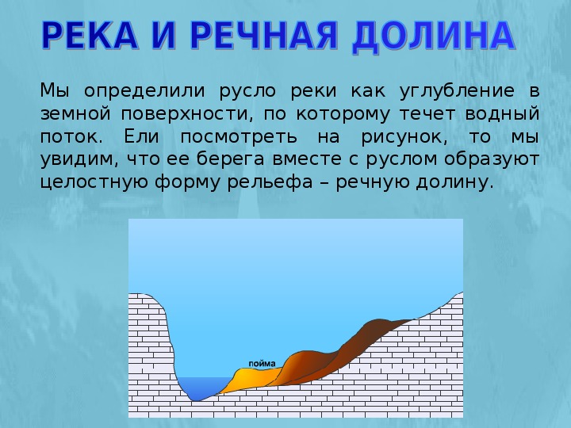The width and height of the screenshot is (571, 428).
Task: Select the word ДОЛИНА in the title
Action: point(433,36)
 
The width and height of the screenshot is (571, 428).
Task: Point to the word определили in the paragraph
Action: point(144,91)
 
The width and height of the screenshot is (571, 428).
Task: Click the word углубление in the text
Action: point(457,91)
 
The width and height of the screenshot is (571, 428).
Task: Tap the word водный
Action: point(502,113)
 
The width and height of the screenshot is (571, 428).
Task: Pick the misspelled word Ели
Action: point(141,136)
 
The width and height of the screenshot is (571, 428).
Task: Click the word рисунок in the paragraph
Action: point(404,138)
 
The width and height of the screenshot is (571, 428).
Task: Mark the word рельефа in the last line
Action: point(270,182)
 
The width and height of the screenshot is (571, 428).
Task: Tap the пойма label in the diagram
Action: point(262,364)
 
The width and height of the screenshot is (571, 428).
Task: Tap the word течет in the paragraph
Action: point(427,114)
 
